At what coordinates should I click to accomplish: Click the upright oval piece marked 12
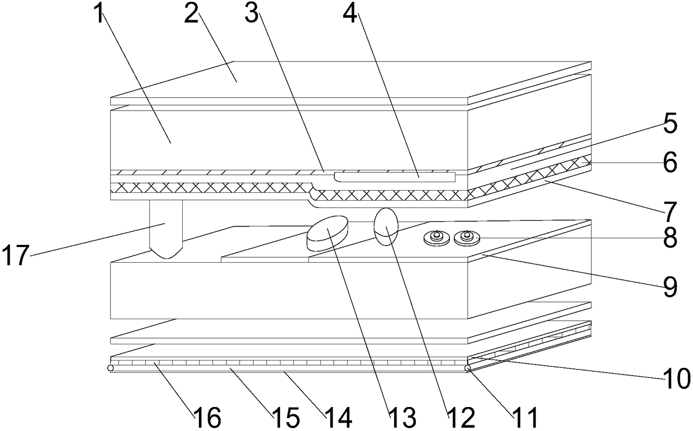tap(386, 226)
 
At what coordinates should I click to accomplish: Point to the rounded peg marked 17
tap(166, 229)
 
